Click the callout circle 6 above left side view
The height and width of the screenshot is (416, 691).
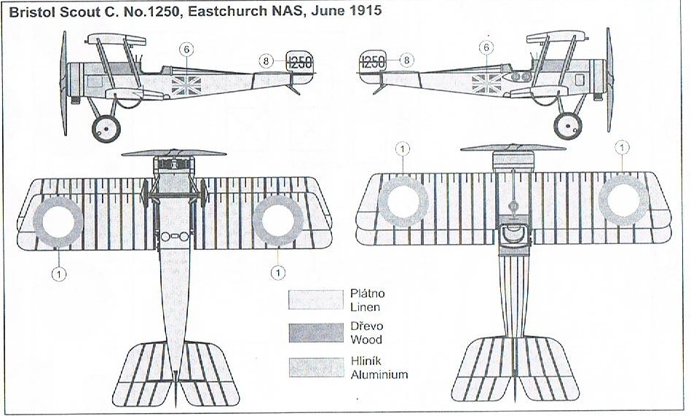click(187, 50)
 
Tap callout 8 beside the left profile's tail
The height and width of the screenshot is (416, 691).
click(267, 61)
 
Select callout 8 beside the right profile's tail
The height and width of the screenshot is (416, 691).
click(406, 60)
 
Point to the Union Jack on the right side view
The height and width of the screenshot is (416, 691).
click(485, 83)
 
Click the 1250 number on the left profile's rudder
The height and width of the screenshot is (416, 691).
click(299, 63)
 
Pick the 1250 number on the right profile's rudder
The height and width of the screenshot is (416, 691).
click(373, 62)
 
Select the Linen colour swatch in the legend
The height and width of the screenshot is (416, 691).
click(316, 299)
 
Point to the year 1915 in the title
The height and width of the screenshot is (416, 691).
click(366, 12)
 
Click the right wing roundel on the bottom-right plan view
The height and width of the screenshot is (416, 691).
click(623, 200)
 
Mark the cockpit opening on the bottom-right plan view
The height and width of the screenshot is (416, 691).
click(514, 235)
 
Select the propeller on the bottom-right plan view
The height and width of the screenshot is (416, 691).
click(513, 148)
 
